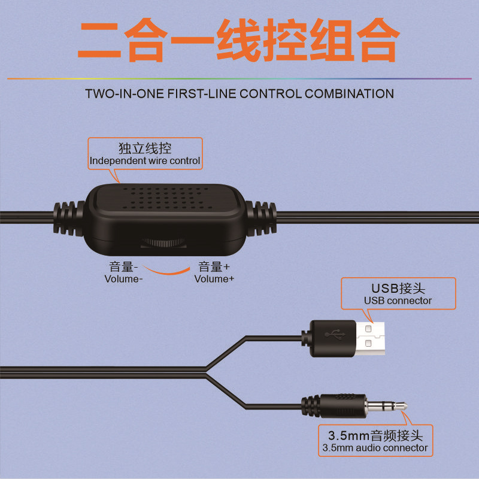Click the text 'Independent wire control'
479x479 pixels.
click(145, 161)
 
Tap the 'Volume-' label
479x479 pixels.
click(123, 278)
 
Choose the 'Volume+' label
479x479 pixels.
click(214, 278)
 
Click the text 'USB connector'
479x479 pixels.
click(398, 301)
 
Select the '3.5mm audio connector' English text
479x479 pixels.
click(375, 447)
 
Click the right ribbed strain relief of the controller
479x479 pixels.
click(261, 217)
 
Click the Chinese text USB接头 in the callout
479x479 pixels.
click(398, 289)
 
